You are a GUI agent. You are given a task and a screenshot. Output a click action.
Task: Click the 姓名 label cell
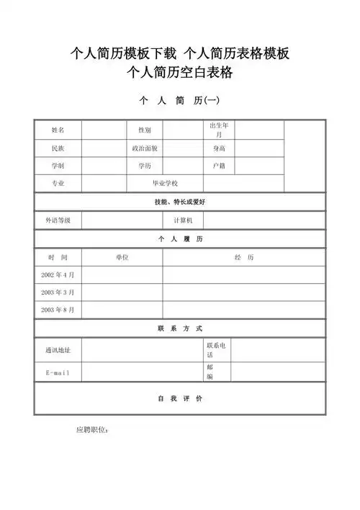pyautogui.click(x=58, y=130)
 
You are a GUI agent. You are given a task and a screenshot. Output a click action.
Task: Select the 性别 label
pyautogui.click(x=145, y=130)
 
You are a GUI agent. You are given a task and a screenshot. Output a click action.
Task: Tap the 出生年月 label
pyautogui.click(x=219, y=130)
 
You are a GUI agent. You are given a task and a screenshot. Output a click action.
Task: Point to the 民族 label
pyautogui.click(x=58, y=148)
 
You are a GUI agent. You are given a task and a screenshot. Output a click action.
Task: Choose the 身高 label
pyautogui.click(x=219, y=148)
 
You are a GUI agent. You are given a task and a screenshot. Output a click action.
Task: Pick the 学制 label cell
pyautogui.click(x=58, y=166)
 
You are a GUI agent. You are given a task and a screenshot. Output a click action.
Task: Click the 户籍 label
pyautogui.click(x=219, y=166)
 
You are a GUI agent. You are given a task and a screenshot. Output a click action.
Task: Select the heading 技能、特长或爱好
pyautogui.click(x=180, y=202)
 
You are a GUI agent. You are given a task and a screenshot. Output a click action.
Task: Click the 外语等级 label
pyautogui.click(x=58, y=220)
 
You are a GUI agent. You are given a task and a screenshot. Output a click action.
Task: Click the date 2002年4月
pyautogui.click(x=58, y=274)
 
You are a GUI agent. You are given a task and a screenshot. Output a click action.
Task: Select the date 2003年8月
pyautogui.click(x=58, y=310)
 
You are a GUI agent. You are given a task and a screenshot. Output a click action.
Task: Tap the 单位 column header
pyautogui.click(x=122, y=257)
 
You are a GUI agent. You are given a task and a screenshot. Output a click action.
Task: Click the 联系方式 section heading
pyautogui.click(x=180, y=328)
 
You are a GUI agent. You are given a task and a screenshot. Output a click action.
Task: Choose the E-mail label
pyautogui.click(x=58, y=372)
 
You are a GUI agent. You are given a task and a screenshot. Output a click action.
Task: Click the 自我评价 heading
pyautogui.click(x=180, y=398)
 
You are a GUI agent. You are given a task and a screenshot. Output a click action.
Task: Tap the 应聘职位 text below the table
pyautogui.click(x=92, y=430)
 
